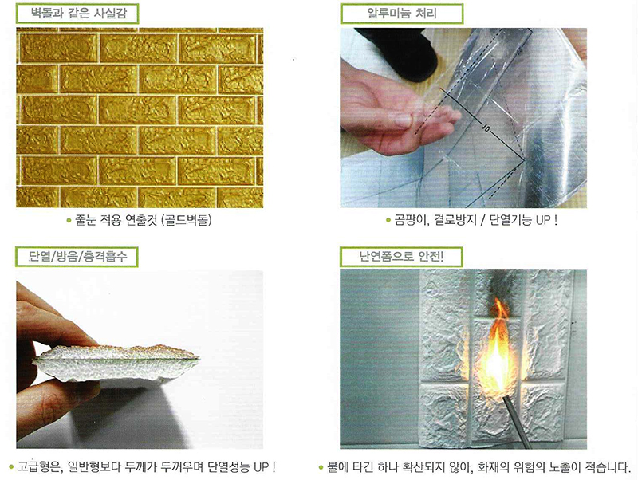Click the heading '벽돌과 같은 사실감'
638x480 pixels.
pyautogui.click(x=78, y=14)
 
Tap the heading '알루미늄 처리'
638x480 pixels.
pyautogui.click(x=402, y=14)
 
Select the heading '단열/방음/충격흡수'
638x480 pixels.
pyautogui.click(x=77, y=256)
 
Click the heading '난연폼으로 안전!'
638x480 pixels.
pyautogui.click(x=402, y=256)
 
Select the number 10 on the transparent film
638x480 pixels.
pyautogui.click(x=486, y=128)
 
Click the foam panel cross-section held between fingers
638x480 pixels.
pyautogui.click(x=118, y=362)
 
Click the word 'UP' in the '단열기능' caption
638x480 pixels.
pyautogui.click(x=543, y=221)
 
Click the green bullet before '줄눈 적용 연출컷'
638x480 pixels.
pyautogui.click(x=69, y=221)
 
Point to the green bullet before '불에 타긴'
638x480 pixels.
pyautogui.click(x=321, y=467)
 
